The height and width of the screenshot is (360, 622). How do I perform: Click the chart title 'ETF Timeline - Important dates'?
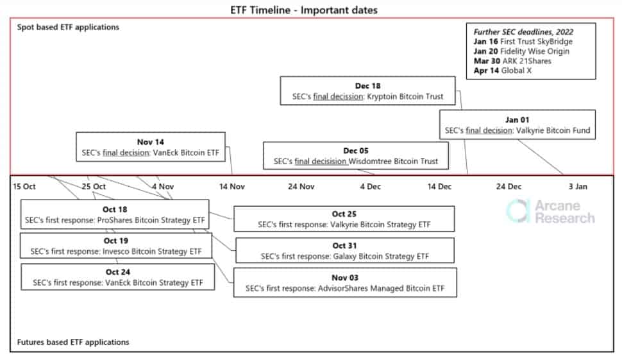pyautogui.click(x=304, y=10)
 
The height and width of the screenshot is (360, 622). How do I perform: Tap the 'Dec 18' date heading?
pyautogui.click(x=367, y=86)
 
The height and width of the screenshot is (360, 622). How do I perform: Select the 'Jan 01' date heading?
pyautogui.click(x=517, y=120)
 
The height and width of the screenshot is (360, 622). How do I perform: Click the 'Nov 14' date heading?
pyautogui.click(x=150, y=142)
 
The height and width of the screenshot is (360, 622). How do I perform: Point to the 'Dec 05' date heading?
pyautogui.click(x=356, y=151)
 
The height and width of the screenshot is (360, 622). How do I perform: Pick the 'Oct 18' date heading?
pyautogui.click(x=115, y=210)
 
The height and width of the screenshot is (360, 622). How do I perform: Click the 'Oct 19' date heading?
pyautogui.click(x=116, y=241)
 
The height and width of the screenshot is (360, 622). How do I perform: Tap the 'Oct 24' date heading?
pyautogui.click(x=118, y=272)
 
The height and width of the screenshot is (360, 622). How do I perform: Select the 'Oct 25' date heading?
pyautogui.click(x=344, y=214)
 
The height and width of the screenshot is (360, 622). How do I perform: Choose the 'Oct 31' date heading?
pyautogui.click(x=345, y=246)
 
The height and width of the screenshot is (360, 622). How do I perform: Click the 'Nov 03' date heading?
pyautogui.click(x=345, y=278)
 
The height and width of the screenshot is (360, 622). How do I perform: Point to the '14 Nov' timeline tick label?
pyautogui.click(x=232, y=187)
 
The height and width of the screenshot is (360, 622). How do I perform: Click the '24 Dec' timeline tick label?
pyautogui.click(x=509, y=187)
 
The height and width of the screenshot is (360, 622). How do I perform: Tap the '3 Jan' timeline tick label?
pyautogui.click(x=578, y=187)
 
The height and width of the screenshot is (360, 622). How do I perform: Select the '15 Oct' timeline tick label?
pyautogui.click(x=24, y=187)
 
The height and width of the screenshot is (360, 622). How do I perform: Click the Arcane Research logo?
pyautogui.click(x=551, y=212)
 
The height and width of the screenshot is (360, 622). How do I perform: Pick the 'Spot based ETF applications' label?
pyautogui.click(x=68, y=27)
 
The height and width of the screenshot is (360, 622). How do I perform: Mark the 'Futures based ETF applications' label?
pyautogui.click(x=73, y=342)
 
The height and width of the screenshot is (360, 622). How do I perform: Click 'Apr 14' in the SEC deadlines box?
pyautogui.click(x=486, y=71)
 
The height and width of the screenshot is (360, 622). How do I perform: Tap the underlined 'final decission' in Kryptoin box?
pyautogui.click(x=338, y=96)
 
